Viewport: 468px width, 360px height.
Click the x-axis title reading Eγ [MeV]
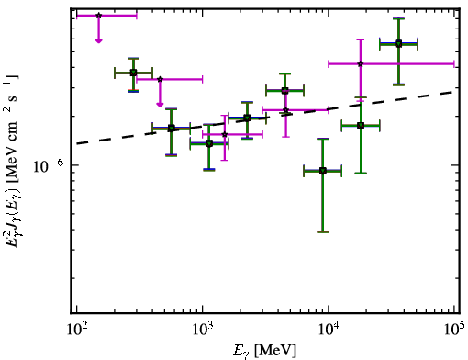coord(264,351)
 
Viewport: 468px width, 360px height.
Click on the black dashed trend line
coord(265,118)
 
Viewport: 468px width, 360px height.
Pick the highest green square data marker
coord(398,44)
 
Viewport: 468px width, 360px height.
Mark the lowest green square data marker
coord(323,171)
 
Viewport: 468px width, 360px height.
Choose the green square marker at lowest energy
coord(133,73)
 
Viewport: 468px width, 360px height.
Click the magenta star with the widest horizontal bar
coord(361,64)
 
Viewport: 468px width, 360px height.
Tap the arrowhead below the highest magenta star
coord(98,40)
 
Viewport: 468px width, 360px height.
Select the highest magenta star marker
coord(98,16)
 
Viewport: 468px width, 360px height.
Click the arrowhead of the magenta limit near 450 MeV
coord(160,105)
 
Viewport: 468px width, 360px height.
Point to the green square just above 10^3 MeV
coord(209,143)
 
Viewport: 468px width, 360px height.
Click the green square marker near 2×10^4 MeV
coord(361,126)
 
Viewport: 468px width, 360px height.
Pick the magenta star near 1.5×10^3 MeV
coord(225,134)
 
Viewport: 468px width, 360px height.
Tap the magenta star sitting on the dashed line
coord(285,110)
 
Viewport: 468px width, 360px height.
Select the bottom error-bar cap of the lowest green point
coord(323,231)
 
